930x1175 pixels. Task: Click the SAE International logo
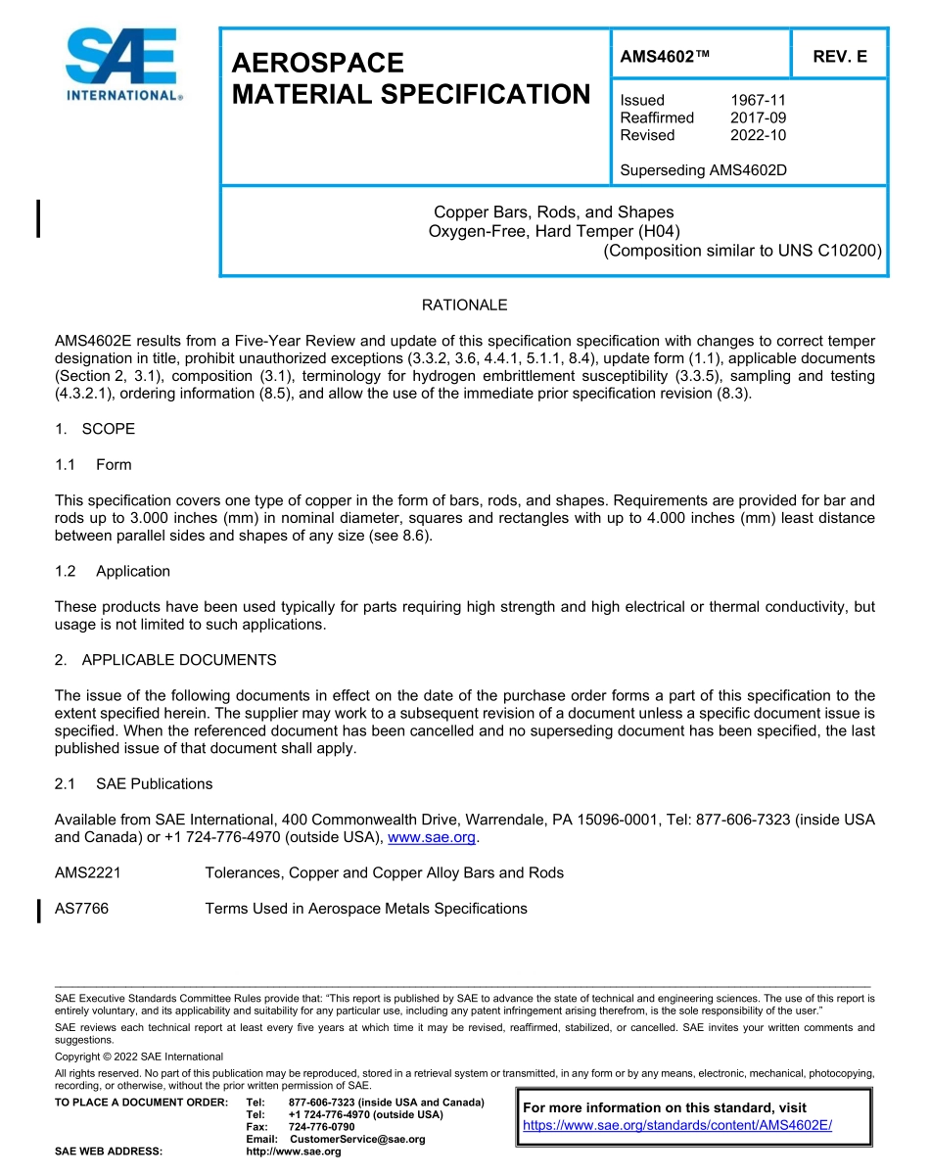123,65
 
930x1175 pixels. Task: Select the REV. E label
839,57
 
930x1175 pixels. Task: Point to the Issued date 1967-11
758,100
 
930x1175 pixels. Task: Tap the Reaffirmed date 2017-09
758,117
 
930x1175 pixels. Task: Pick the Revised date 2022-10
758,135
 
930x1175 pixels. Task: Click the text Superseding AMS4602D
703,170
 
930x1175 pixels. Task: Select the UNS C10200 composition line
742,251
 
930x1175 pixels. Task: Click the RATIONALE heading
464,305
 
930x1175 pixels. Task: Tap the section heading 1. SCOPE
95,429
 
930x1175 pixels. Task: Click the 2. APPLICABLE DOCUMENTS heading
165,660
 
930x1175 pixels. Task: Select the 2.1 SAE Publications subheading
133,783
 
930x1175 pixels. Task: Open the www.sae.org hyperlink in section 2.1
432,837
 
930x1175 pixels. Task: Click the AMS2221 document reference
88,872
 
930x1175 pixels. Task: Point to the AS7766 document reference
82,909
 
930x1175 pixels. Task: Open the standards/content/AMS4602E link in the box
676,1126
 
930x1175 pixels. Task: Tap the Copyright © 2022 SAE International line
139,1057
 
